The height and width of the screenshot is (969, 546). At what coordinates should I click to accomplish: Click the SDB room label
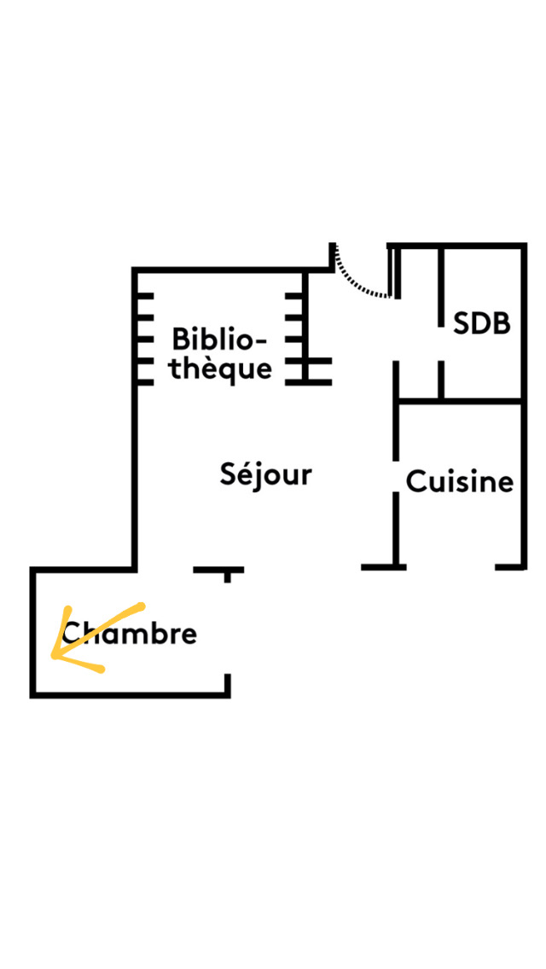pyautogui.click(x=482, y=324)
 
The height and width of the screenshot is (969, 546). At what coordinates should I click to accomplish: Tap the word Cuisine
pyautogui.click(x=460, y=482)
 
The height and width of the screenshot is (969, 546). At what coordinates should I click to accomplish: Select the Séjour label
pyautogui.click(x=266, y=475)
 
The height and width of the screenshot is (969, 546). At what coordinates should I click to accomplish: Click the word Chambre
pyautogui.click(x=130, y=634)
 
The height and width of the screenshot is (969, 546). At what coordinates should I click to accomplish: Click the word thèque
pyautogui.click(x=221, y=369)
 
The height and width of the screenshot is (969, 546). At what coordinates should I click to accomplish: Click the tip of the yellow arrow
pyautogui.click(x=53, y=657)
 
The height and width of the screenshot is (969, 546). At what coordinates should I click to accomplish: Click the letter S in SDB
pyautogui.click(x=462, y=324)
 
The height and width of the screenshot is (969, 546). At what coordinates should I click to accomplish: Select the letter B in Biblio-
pyautogui.click(x=181, y=339)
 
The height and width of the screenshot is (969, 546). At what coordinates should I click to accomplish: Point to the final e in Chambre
pyautogui.click(x=189, y=635)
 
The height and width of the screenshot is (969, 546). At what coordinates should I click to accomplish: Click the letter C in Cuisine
pyautogui.click(x=415, y=482)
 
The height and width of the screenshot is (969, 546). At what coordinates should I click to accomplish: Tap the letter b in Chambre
pyautogui.click(x=152, y=634)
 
